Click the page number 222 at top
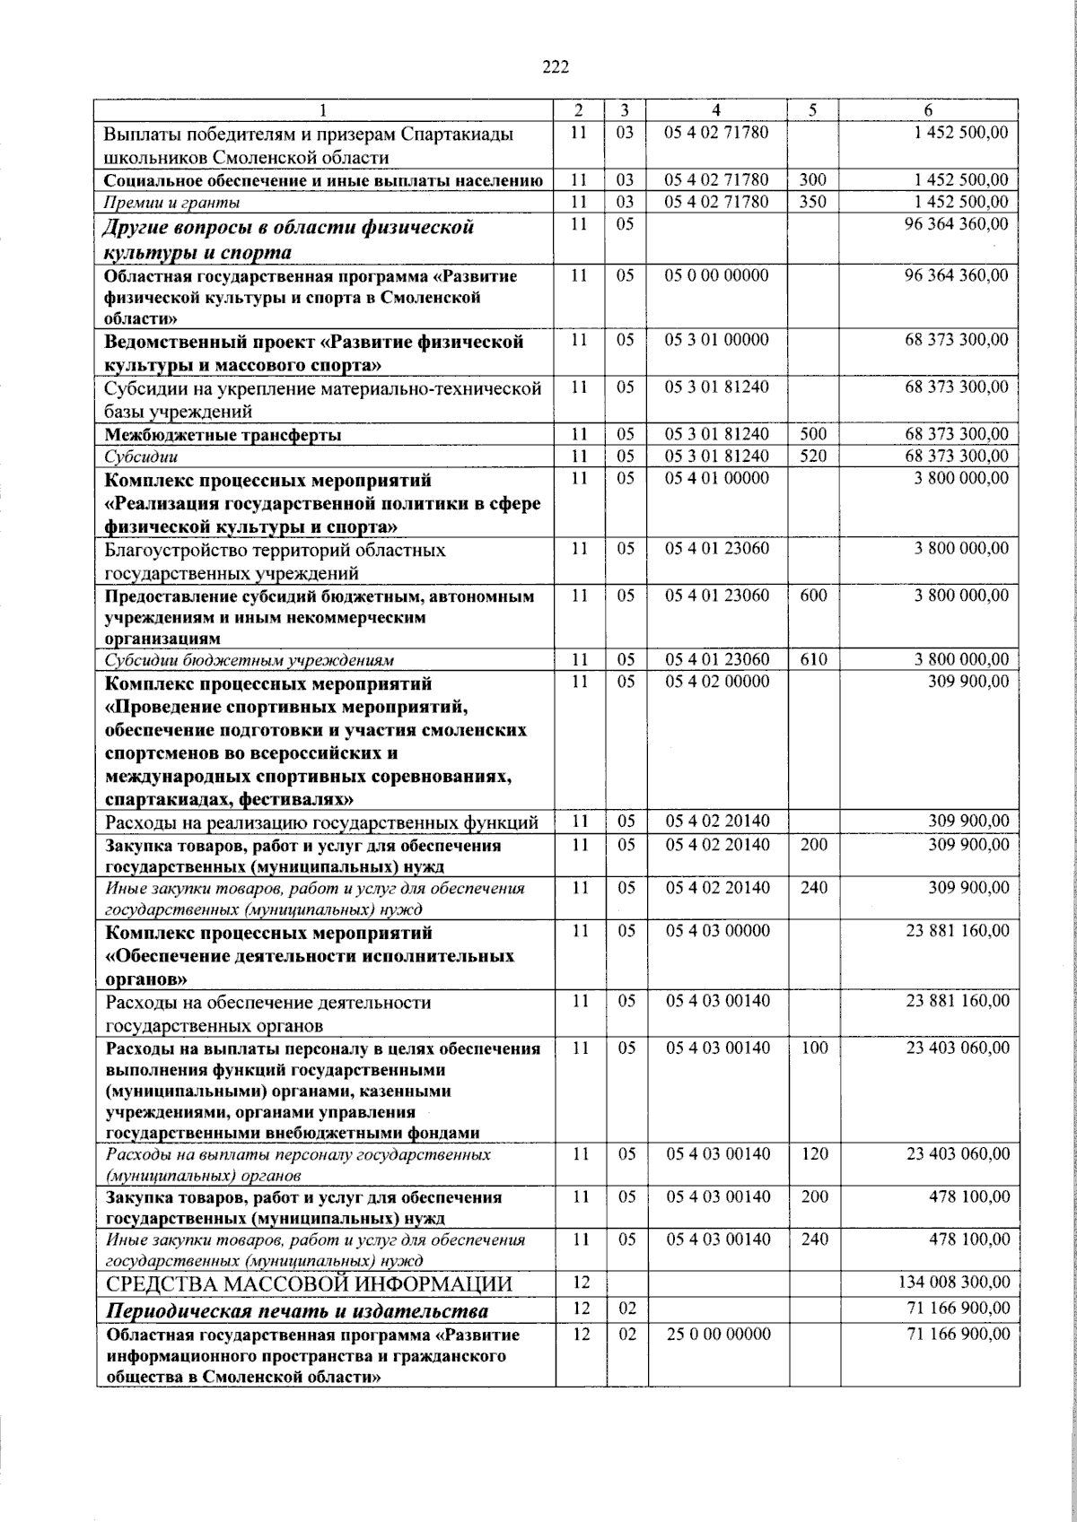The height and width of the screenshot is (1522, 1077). [556, 65]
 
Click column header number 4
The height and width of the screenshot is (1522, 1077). [715, 110]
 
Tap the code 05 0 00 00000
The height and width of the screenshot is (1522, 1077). [716, 275]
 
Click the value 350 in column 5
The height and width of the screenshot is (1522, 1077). [812, 202]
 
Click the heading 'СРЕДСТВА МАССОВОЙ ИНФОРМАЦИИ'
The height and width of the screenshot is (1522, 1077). [309, 1284]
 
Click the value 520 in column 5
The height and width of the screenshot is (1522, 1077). [812, 456]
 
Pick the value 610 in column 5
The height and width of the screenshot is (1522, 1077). [813, 660]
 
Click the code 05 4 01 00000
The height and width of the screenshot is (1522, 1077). [716, 478]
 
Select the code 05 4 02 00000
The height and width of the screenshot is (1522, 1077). [716, 682]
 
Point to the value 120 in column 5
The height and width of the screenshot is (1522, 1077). [814, 1153]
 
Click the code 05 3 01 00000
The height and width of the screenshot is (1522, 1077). [716, 340]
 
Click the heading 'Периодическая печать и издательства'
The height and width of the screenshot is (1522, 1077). [297, 1311]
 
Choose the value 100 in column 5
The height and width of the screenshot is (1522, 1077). [814, 1048]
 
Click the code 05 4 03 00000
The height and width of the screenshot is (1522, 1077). [716, 931]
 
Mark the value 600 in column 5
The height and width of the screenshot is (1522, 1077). [813, 596]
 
